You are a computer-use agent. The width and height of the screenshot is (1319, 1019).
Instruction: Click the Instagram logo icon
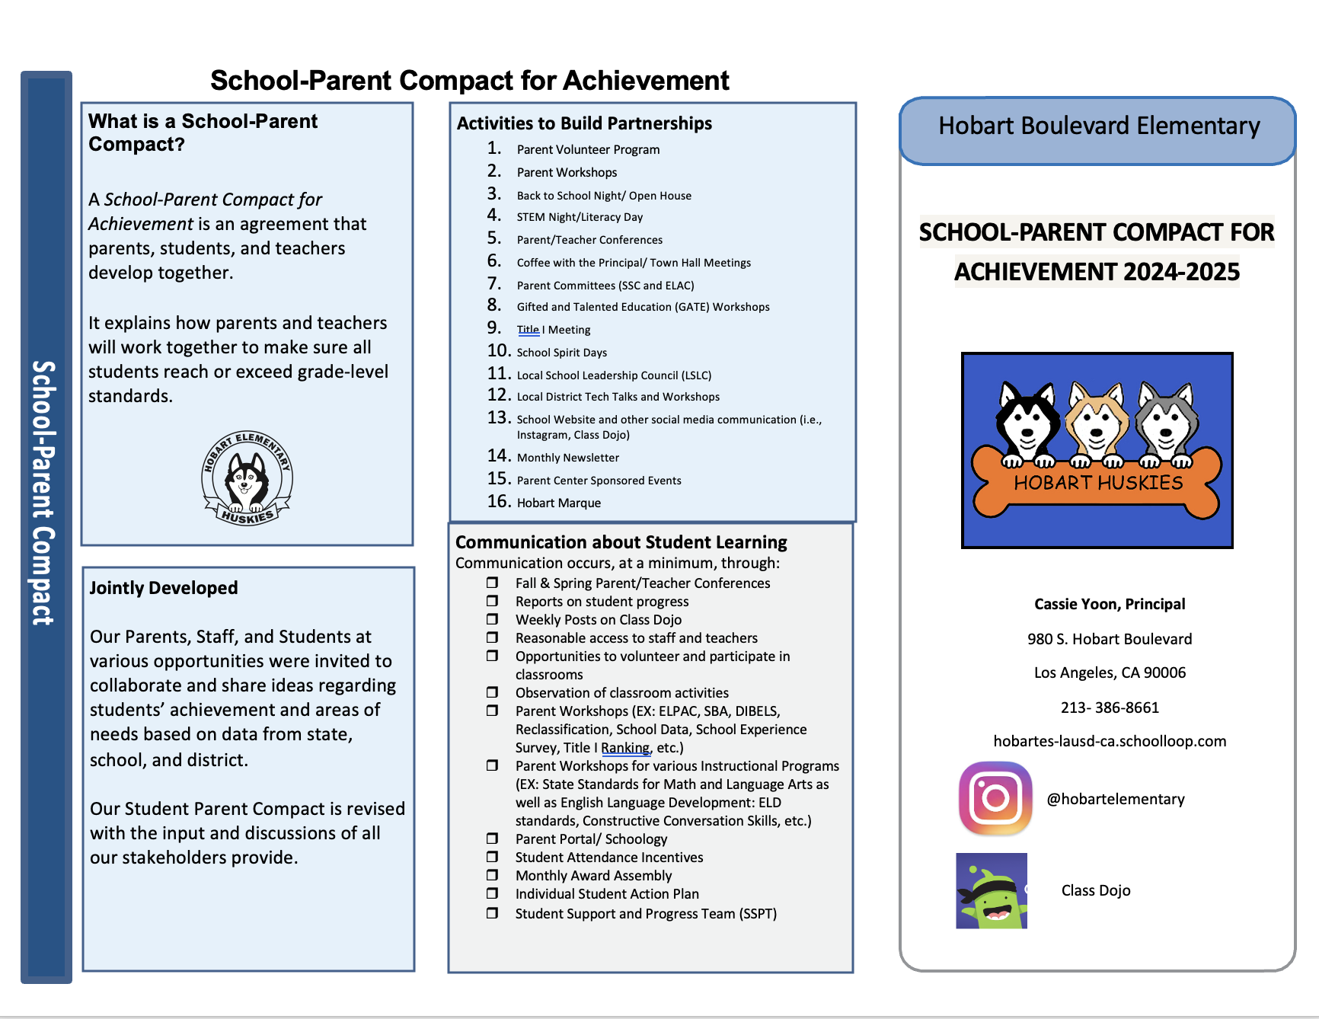995,798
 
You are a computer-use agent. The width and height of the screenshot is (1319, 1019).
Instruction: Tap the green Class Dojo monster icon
992,891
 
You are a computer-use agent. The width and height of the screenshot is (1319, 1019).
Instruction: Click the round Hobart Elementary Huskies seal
247,478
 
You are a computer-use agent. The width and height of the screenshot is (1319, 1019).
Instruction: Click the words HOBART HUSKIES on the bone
1098,483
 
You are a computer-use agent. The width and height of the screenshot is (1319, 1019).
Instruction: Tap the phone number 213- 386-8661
1110,708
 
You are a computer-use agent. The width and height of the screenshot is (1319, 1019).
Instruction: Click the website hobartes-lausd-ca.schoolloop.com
1110,741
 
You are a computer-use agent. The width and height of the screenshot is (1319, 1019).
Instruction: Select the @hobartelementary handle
1115,799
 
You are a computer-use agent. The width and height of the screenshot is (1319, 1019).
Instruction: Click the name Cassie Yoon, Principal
1110,604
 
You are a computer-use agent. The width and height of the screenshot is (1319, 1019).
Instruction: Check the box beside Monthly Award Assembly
493,875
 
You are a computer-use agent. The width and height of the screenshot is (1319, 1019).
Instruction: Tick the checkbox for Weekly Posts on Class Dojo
493,619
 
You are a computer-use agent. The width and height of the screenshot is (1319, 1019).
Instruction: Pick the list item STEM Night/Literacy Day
580,217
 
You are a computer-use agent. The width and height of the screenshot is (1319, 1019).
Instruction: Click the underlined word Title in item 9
528,330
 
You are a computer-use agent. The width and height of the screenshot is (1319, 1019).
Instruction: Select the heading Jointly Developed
164,588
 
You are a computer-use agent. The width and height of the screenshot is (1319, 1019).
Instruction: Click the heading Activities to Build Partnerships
584,123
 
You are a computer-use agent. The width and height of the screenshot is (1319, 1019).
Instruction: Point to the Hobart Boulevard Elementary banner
1098,126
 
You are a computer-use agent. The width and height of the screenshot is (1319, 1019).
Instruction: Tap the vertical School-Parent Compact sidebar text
44,493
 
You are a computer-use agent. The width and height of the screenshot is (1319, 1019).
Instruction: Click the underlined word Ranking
625,748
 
